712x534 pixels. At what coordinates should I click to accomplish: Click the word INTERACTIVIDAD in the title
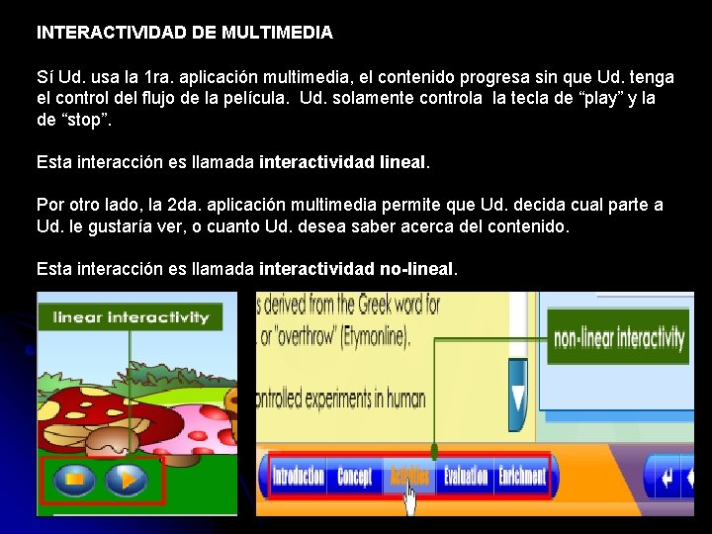113,33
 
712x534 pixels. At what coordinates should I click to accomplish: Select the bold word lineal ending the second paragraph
399,160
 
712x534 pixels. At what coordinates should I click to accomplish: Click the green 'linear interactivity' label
130,317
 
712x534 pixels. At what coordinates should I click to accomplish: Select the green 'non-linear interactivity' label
619,339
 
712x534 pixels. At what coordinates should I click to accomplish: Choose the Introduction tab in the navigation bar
298,477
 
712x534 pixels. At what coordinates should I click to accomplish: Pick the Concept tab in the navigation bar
354,477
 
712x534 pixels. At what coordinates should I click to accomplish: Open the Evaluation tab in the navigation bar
465,477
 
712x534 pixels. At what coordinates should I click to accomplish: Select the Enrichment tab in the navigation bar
521,477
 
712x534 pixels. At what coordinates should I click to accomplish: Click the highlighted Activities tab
408,477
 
